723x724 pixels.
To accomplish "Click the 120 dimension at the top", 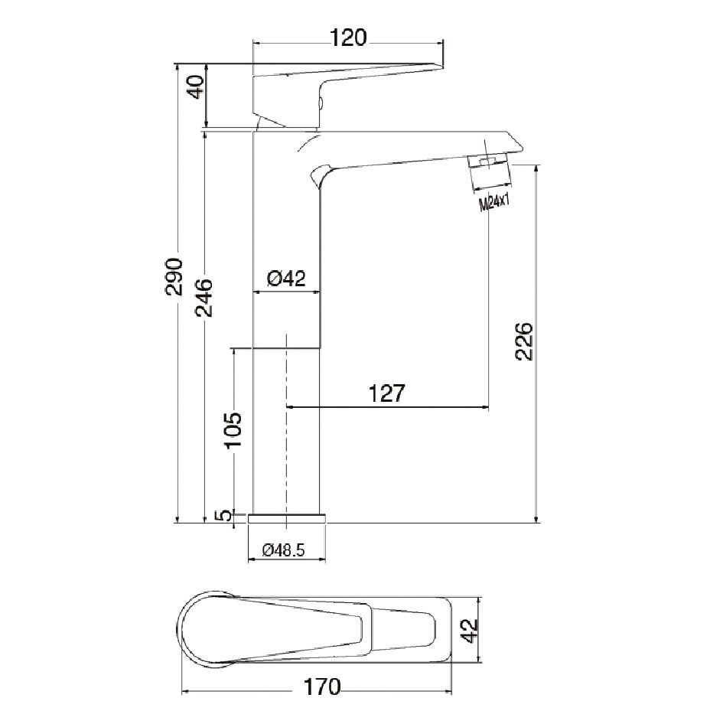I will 348,36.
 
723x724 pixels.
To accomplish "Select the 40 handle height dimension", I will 196,87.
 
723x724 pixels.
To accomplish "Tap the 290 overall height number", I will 175,276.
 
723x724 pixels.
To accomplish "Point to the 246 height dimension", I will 204,298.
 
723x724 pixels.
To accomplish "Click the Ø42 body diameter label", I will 286,279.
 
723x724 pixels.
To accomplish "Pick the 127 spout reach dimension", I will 386,393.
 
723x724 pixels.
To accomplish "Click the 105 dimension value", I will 233,430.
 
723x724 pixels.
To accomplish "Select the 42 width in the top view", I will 469,632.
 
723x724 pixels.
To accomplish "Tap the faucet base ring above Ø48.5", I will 288,518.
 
